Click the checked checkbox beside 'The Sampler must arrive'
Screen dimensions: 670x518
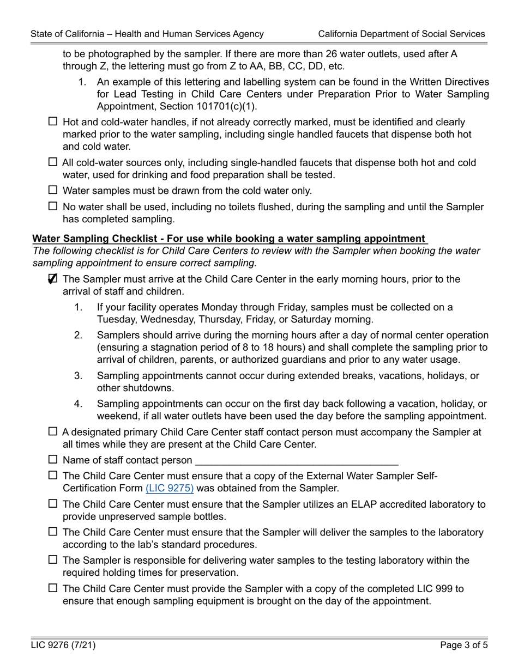pos(53,279)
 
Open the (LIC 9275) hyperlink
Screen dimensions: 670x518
pos(170,488)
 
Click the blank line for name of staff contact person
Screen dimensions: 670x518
pos(297,460)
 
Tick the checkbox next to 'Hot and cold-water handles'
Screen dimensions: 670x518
pos(53,121)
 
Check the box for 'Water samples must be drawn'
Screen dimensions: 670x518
pos(53,190)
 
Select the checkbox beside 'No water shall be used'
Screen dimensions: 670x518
pos(53,206)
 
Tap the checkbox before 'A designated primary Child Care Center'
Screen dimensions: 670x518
pos(53,432)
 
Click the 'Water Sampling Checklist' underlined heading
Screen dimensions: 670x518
pos(229,239)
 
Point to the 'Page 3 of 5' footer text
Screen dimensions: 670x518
pos(462,645)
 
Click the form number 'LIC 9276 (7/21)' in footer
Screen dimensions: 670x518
pos(63,645)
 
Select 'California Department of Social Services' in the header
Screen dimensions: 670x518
pos(401,34)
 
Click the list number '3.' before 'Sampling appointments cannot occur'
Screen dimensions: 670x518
pos(79,376)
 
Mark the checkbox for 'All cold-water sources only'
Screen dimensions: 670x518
pos(53,162)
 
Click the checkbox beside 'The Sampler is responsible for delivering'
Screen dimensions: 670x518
pos(53,559)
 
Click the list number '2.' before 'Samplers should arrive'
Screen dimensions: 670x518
pos(79,335)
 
